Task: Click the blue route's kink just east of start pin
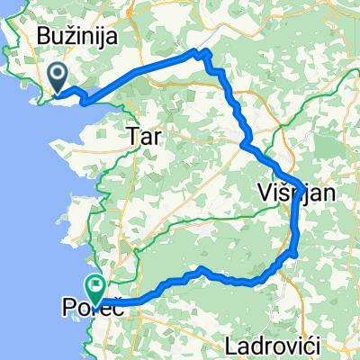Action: pos(84,101)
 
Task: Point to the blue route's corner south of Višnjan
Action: pos(294,256)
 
